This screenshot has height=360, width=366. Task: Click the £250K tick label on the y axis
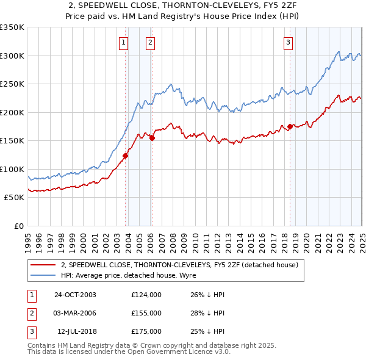pos(12,84)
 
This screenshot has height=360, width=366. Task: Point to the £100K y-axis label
pos(12,169)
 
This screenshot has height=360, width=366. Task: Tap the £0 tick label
pos(18,226)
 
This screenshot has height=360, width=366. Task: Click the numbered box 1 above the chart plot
pos(124,42)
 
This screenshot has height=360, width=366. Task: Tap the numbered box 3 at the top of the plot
pos(288,42)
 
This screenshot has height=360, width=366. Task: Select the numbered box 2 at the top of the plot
pos(150,42)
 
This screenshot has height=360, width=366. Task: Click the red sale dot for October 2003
pos(126,156)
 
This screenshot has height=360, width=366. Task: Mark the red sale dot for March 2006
pos(152,138)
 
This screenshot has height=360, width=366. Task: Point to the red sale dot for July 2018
pos(290,127)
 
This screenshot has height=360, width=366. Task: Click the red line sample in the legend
pos(43,265)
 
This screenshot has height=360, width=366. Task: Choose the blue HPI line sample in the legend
pos(43,275)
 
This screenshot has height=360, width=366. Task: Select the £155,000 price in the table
pos(146,313)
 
